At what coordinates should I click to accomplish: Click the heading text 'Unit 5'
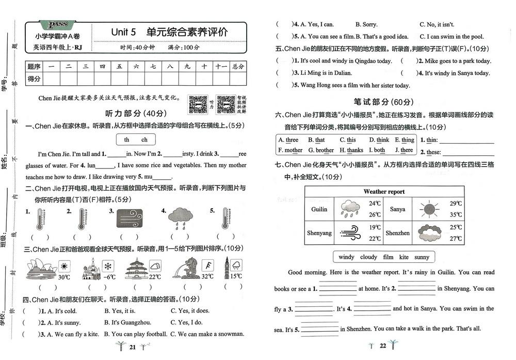(x=123, y=32)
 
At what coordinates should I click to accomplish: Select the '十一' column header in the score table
(x=221, y=67)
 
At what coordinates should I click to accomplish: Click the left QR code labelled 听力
(x=197, y=104)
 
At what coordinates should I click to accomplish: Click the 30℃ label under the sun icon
(x=63, y=277)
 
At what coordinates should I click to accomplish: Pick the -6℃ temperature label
(x=108, y=277)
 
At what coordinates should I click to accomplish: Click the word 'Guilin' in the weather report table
(x=319, y=209)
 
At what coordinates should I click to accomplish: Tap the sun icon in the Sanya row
(x=428, y=209)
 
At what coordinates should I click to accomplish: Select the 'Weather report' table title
(x=384, y=192)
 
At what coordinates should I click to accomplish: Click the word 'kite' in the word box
(x=404, y=257)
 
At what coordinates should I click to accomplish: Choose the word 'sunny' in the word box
(x=422, y=257)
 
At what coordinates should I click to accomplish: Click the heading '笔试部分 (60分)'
(x=383, y=102)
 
